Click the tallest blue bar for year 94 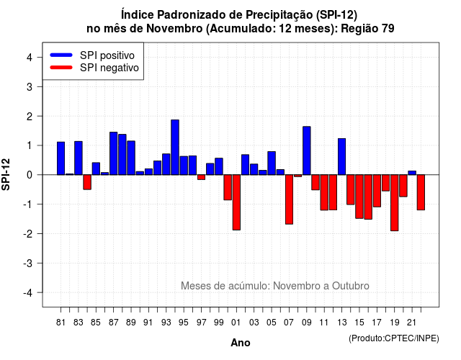(x=175, y=147)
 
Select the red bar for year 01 (x=236, y=202)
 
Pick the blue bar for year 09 (x=307, y=150)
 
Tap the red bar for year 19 (x=395, y=203)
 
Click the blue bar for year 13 (x=341, y=157)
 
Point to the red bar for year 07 (x=289, y=199)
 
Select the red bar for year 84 (x=87, y=182)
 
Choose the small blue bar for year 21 (x=412, y=173)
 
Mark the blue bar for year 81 (x=61, y=158)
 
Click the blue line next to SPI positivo (x=61, y=55)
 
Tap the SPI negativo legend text (x=109, y=68)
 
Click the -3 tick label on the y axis (x=27, y=263)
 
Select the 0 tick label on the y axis (x=29, y=175)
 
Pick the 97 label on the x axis (x=202, y=323)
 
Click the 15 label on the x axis (x=359, y=323)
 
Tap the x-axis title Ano (x=241, y=343)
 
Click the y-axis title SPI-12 (x=6, y=174)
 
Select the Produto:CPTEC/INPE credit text (x=394, y=338)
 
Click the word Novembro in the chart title (x=174, y=29)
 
